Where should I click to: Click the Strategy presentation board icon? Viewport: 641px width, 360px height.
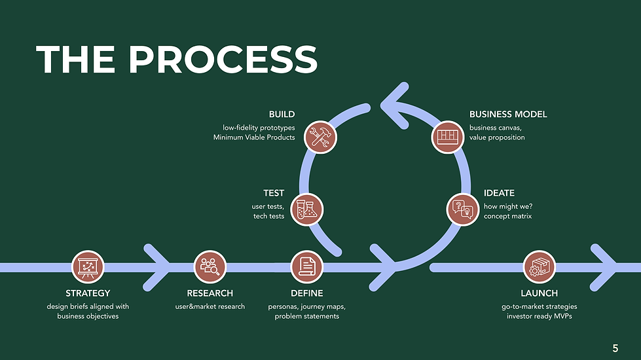(88, 267)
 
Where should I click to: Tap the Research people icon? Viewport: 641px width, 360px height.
(210, 267)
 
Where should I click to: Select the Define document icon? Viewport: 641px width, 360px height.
(306, 267)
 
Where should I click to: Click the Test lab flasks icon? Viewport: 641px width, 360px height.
(306, 209)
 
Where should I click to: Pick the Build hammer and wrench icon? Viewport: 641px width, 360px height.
(321, 137)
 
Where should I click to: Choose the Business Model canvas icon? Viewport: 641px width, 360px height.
(448, 137)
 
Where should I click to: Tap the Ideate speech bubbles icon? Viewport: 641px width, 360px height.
(462, 209)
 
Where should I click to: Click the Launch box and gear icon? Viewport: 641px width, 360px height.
(540, 267)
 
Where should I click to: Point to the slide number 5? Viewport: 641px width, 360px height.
(615, 349)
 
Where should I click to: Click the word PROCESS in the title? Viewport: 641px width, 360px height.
(223, 60)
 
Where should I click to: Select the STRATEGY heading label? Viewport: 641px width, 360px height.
(88, 293)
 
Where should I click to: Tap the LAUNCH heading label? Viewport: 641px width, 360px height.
(540, 293)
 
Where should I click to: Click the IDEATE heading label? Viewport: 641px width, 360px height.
(499, 193)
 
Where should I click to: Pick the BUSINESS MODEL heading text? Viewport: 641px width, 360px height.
(508, 115)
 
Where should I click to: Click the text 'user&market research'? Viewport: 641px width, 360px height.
(210, 306)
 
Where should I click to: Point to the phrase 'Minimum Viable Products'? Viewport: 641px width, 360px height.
(254, 137)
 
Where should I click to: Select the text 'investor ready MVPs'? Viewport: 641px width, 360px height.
(540, 316)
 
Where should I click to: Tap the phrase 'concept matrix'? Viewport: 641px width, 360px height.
(507, 216)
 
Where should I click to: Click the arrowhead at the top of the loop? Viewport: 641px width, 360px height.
(395, 106)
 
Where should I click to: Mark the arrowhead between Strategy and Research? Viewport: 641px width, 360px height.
(157, 268)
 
